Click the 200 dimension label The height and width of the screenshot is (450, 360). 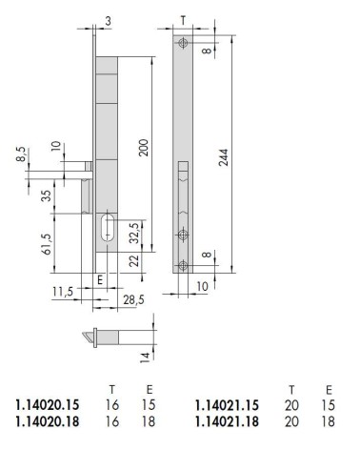coord(144,147)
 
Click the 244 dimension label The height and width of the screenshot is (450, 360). coord(224,157)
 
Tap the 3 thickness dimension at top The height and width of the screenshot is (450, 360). coord(109,21)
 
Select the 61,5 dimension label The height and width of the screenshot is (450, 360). coord(47,244)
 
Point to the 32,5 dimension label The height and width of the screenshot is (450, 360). coord(134,233)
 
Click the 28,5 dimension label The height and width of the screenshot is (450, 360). coord(133,299)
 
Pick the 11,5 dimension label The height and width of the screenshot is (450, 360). coord(63,291)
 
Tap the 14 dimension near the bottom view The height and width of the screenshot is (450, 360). coord(145,358)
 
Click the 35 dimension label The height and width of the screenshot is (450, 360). coord(47,195)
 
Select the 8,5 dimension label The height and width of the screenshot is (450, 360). coord(22,154)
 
